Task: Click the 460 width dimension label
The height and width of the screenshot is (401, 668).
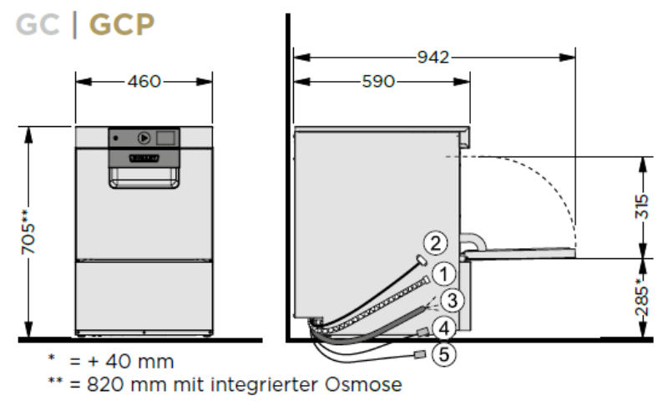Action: click(144, 81)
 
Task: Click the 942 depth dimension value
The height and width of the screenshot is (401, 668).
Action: click(433, 57)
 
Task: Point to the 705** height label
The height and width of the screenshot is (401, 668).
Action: click(28, 231)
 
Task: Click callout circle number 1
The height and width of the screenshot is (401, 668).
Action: click(445, 272)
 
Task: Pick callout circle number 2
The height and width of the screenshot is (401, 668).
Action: click(434, 243)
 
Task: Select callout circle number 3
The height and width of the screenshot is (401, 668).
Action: click(452, 300)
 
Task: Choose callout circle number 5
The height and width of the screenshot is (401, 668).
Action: click(445, 354)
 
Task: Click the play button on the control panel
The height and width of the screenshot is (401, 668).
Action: click(143, 138)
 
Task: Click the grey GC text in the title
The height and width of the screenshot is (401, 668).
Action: click(38, 26)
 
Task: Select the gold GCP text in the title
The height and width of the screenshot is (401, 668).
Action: click(122, 26)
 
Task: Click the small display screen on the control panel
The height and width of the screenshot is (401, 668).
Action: click(167, 137)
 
